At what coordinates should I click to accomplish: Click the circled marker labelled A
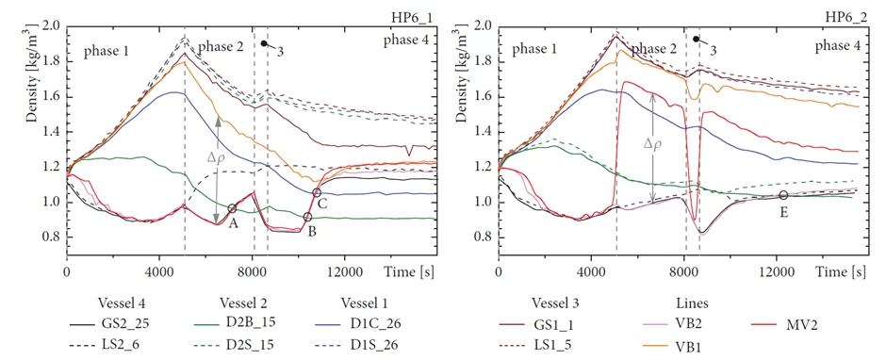point(233,208)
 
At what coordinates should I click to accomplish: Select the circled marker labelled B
point(308,217)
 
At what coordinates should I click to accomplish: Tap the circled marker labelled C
point(317,192)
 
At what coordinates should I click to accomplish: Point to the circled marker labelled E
point(783,195)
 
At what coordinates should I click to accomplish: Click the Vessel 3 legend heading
point(561,302)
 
